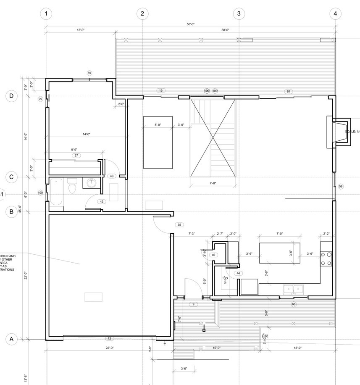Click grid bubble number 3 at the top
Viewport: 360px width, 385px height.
(239, 13)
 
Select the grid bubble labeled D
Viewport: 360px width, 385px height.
(12, 96)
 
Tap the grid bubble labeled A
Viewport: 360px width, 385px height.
(12, 339)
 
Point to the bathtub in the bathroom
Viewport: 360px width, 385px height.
(56, 192)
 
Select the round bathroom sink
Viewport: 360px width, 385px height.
(92, 183)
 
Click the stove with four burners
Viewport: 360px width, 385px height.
(326, 258)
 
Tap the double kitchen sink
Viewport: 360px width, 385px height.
(293, 289)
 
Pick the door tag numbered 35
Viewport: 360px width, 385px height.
(179, 225)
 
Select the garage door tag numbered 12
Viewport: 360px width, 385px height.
(109, 338)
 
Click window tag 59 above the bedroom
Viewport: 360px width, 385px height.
(89, 73)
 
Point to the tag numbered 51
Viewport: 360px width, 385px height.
(288, 91)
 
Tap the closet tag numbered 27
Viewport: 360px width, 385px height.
(76, 156)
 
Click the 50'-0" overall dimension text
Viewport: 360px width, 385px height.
(191, 24)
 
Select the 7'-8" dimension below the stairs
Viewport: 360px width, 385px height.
(213, 183)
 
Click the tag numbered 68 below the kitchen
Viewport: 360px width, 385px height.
(293, 304)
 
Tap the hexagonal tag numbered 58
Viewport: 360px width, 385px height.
(340, 186)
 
